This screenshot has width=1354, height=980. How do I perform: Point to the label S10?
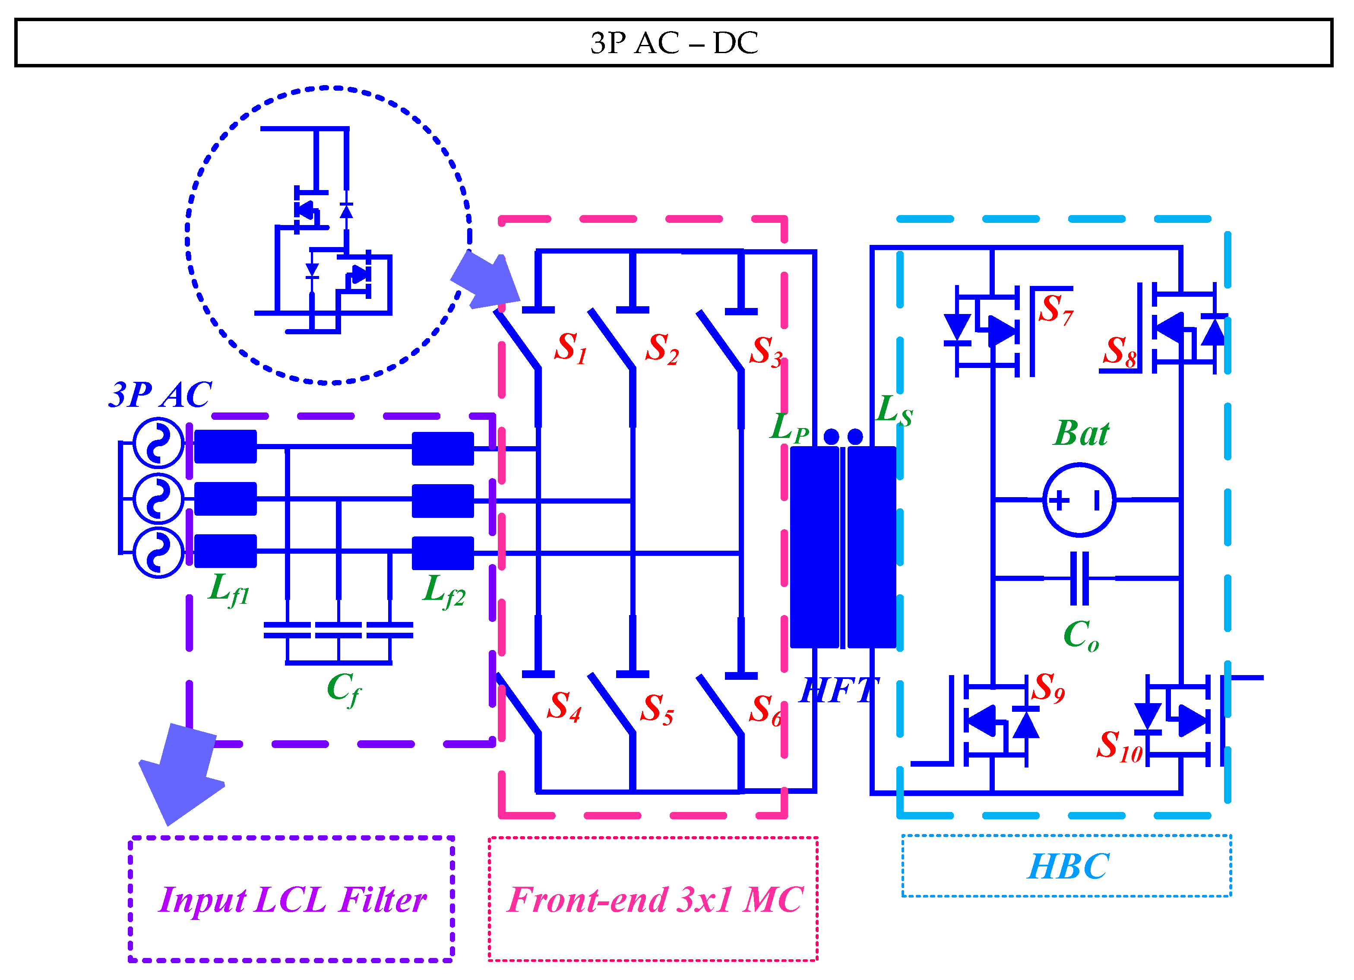tap(1119, 746)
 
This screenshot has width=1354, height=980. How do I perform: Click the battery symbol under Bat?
tap(1079, 500)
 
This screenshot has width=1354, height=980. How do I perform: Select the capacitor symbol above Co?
tap(1079, 578)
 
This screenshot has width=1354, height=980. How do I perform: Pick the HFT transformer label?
tap(839, 691)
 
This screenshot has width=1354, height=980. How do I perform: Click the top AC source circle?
tap(158, 443)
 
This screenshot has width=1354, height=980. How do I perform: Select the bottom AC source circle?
tap(158, 552)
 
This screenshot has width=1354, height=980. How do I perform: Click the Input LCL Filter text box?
tap(291, 899)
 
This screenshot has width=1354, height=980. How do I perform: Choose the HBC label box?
tap(1066, 866)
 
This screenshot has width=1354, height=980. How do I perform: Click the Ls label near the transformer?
tap(894, 411)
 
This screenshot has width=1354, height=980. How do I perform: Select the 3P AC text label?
tap(160, 395)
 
